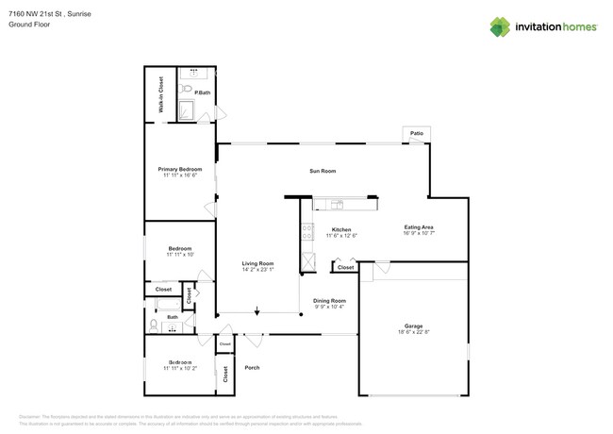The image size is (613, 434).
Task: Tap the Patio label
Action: click(x=416, y=134)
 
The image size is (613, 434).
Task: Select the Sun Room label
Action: click(x=323, y=171)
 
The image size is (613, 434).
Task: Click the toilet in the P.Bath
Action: click(x=187, y=92)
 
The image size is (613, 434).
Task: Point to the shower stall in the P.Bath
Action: click(x=186, y=112)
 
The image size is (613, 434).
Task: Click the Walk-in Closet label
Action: click(x=160, y=94)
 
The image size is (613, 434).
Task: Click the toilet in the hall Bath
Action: click(x=154, y=326)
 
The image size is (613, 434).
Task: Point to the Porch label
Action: click(x=252, y=367)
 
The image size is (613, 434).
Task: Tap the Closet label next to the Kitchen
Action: click(x=345, y=267)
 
